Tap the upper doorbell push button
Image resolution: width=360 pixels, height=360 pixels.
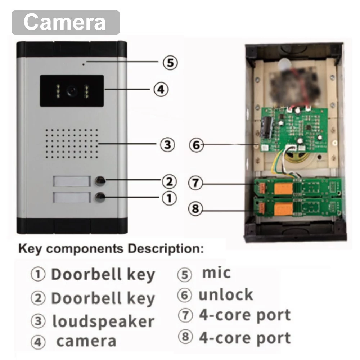click(100, 181)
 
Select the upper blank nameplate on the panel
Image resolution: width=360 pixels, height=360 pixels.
click(71, 181)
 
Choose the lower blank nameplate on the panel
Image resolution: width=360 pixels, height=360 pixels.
click(71, 197)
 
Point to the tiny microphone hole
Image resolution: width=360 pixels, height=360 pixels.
click(84, 64)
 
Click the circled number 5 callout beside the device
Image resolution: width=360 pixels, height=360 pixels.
click(170, 62)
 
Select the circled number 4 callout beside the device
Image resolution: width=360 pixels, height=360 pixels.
click(161, 89)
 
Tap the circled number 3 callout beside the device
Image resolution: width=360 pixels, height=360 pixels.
click(167, 145)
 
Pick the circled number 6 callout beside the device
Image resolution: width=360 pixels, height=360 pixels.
click(196, 145)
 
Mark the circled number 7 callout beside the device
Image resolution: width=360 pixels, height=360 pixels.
click(195, 183)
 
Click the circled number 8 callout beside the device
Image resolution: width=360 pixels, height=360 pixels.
click(195, 208)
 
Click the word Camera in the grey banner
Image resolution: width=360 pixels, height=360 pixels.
click(64, 22)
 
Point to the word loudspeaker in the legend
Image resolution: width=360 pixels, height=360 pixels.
click(103, 321)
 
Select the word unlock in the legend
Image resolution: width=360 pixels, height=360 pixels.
click(226, 294)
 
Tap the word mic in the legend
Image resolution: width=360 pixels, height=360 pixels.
click(216, 273)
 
